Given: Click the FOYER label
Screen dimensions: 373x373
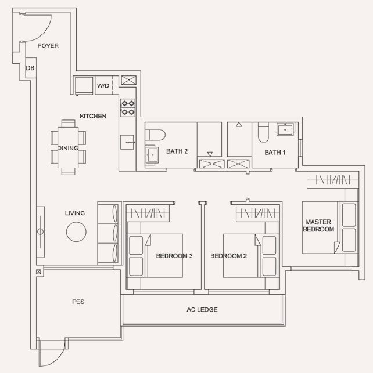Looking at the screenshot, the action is pos(48,45).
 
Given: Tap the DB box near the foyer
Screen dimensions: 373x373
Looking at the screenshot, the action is pos(31,68).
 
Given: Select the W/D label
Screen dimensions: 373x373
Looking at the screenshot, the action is pos(103,86).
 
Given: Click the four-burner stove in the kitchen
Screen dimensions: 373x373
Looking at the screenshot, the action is pos(128,108).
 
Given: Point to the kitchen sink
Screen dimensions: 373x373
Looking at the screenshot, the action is pos(127,142).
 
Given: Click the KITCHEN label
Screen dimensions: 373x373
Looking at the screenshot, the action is pos(93,116).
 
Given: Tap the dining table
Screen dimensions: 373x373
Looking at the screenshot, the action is pos(68,147).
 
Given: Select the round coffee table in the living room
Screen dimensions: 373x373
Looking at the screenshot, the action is pos(76,231).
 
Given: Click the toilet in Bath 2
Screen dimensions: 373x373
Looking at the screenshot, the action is pos(155,136).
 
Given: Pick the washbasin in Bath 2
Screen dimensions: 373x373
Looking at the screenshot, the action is pos(152,155).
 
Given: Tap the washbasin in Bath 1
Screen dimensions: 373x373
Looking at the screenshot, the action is pos(285,129).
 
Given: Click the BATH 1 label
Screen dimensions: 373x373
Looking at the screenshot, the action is pos(275,152).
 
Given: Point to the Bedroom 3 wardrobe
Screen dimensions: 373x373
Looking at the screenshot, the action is pos(148,213).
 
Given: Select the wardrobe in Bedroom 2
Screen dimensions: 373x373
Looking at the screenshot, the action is pos(257,213).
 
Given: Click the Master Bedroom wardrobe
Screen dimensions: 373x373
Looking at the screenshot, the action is pos(333,180).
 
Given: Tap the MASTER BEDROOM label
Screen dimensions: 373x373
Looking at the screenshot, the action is pos(318,226).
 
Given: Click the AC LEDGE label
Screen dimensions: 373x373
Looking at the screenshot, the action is pos(202,310).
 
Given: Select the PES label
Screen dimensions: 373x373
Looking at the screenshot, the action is pos(78,302).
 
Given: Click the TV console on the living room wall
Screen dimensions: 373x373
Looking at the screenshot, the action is pos(41,231).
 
